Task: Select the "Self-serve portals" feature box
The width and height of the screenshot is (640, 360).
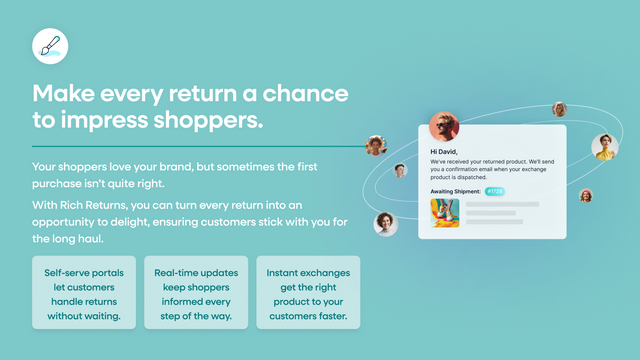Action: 82,293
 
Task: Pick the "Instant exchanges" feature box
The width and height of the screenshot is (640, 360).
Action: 308,293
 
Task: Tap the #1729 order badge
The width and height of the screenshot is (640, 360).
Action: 495,190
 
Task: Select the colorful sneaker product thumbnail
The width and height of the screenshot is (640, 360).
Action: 445,213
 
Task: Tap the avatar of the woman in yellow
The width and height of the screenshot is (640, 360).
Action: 604,147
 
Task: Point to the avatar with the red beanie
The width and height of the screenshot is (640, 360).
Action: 586,195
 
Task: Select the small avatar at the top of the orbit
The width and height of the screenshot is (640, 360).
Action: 559,109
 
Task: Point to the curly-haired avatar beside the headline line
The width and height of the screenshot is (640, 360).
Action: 376,145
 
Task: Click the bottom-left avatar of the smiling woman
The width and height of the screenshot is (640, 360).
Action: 385,224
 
